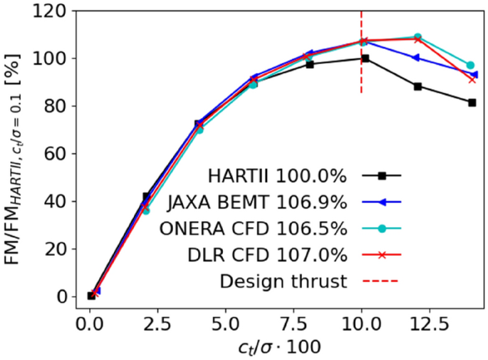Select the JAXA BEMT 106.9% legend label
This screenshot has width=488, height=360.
coord(257,202)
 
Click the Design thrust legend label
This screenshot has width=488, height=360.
coord(283,281)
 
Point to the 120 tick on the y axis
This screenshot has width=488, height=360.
coord(51,11)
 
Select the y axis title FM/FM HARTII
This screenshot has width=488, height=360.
coord(17,153)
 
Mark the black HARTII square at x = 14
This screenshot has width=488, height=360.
coord(472,103)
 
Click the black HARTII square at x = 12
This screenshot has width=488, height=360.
coord(417,86)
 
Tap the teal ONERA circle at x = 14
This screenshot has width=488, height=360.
coord(470,65)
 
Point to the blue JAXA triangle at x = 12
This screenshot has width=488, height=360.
coord(417,58)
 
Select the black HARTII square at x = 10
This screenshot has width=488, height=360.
coord(365,58)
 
